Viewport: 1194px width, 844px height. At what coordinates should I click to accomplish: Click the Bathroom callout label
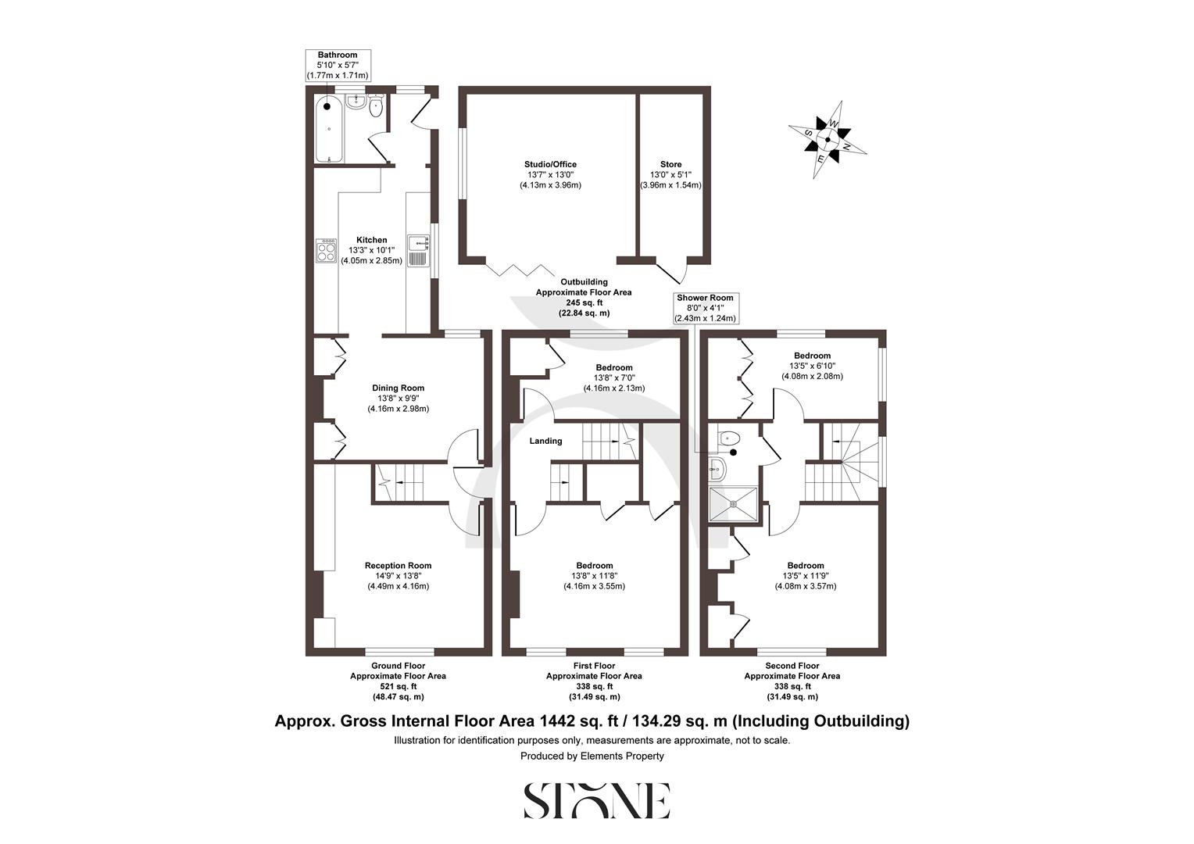338,66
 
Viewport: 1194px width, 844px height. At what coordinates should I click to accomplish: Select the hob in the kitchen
325,251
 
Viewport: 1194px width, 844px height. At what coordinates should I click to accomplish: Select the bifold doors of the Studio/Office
517,268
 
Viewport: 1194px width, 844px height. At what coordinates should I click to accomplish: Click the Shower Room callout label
705,308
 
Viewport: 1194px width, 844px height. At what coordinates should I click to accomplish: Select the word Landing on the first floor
545,441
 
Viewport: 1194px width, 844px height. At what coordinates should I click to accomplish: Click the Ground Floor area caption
398,681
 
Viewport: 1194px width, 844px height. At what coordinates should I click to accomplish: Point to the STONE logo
596,800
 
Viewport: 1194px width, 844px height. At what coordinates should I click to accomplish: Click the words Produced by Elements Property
592,756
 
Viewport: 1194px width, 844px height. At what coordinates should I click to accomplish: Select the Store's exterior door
672,271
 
